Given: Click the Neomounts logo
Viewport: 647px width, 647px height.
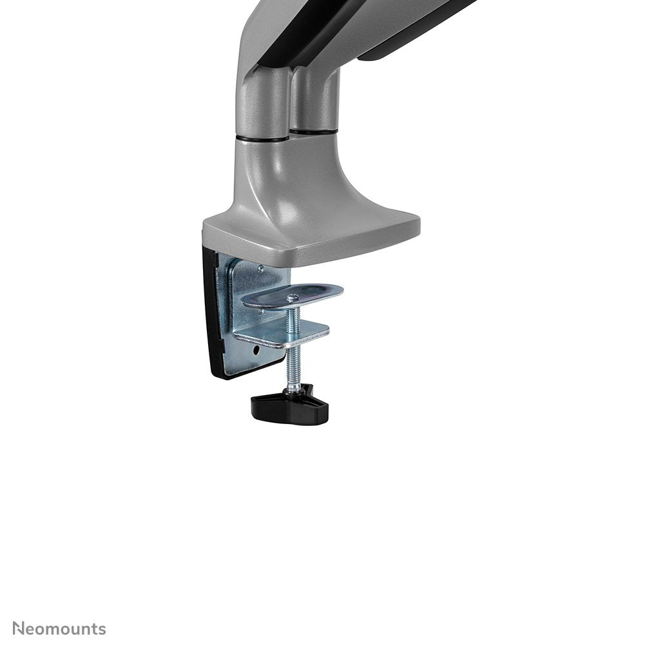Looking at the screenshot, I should (59, 628).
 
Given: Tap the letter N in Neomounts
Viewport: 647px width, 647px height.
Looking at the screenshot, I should (19, 628).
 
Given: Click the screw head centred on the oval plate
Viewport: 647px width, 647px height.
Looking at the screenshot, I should (293, 297).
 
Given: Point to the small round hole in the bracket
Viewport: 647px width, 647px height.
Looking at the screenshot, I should (257, 352).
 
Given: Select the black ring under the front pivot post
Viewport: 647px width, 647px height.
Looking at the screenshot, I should (261, 137).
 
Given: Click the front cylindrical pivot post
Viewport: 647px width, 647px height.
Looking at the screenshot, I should (261, 103).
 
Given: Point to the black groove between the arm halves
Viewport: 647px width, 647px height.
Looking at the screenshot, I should (303, 39).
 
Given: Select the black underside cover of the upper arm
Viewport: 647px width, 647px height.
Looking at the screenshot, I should (412, 32).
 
